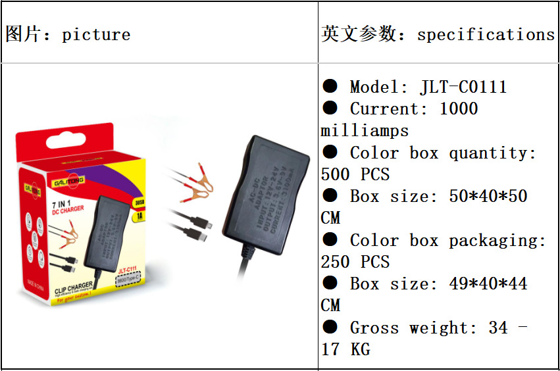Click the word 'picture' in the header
pos(96,34)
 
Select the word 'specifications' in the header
pos(486,34)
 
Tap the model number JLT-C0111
pos(463,87)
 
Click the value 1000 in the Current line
pos(458,109)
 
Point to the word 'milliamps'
pos(365,130)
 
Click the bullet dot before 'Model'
pos(330,86)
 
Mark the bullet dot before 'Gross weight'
pos(330,327)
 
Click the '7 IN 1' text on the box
pos(61,205)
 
